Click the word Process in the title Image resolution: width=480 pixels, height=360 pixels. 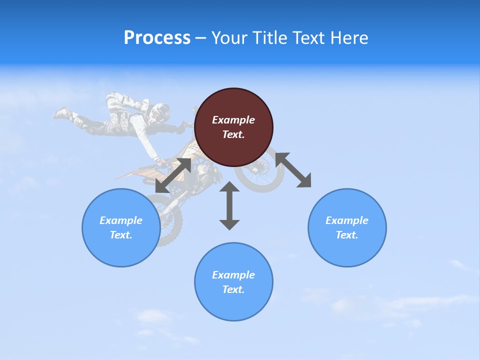pos(157,37)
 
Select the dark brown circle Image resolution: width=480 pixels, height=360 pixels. pos(233,127)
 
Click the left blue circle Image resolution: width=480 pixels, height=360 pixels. pos(121,227)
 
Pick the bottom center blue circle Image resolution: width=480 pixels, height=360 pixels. pos(233,281)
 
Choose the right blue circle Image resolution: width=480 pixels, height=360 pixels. pos(347,227)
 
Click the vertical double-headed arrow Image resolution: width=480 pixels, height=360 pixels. pos(229,205)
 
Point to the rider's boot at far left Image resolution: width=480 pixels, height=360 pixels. pos(62,113)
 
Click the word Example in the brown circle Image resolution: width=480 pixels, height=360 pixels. pos(233,120)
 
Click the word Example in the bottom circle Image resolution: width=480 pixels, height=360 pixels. pos(233,275)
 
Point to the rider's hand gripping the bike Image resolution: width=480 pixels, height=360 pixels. pos(160,162)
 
